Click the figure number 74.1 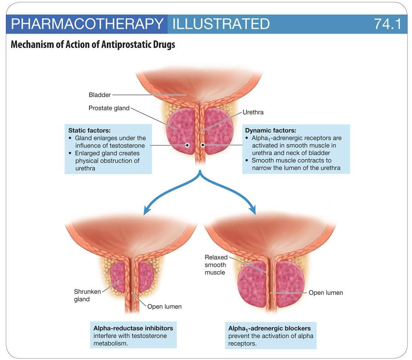click(387, 24)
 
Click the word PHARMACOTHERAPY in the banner click(87, 24)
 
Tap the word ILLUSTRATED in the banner click(221, 24)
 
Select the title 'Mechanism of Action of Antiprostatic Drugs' click(93, 45)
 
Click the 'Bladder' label click(100, 95)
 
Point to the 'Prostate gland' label click(109, 108)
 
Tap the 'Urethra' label click(253, 112)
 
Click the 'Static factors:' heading click(89, 130)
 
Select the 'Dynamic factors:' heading click(270, 130)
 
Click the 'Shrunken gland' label click(87, 295)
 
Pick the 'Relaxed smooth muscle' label click(216, 265)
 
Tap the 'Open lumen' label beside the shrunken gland click(164, 306)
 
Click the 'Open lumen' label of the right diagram click(326, 293)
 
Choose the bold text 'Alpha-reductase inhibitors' click(133, 328)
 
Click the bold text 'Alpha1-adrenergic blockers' click(269, 328)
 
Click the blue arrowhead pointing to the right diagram click(253, 211)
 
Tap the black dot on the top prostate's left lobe click(188, 145)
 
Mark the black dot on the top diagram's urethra click(202, 145)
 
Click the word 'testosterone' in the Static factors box click(127, 145)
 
